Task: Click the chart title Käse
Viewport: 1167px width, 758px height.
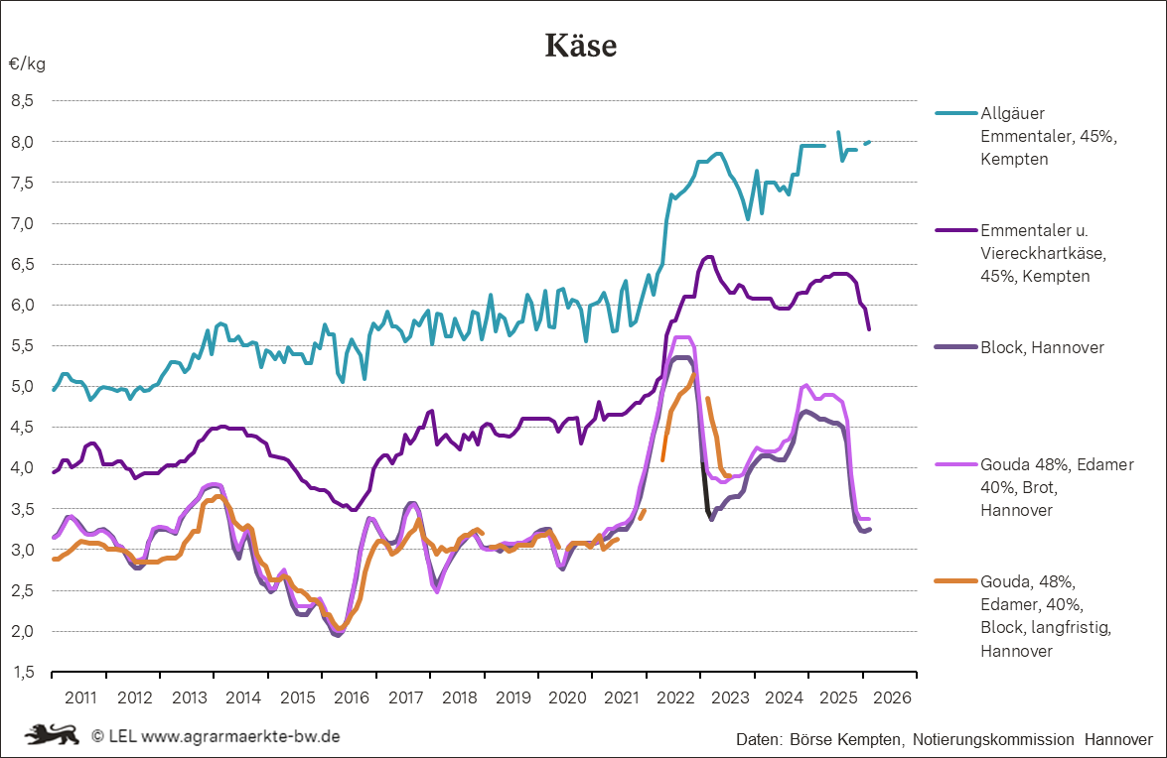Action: click(x=581, y=46)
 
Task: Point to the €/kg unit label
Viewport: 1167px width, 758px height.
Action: click(x=27, y=64)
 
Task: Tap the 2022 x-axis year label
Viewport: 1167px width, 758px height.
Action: click(x=674, y=697)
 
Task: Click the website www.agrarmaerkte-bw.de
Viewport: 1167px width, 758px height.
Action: click(x=241, y=736)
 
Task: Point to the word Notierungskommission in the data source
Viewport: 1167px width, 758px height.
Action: click(x=992, y=740)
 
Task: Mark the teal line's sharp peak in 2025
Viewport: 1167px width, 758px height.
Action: click(x=838, y=132)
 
